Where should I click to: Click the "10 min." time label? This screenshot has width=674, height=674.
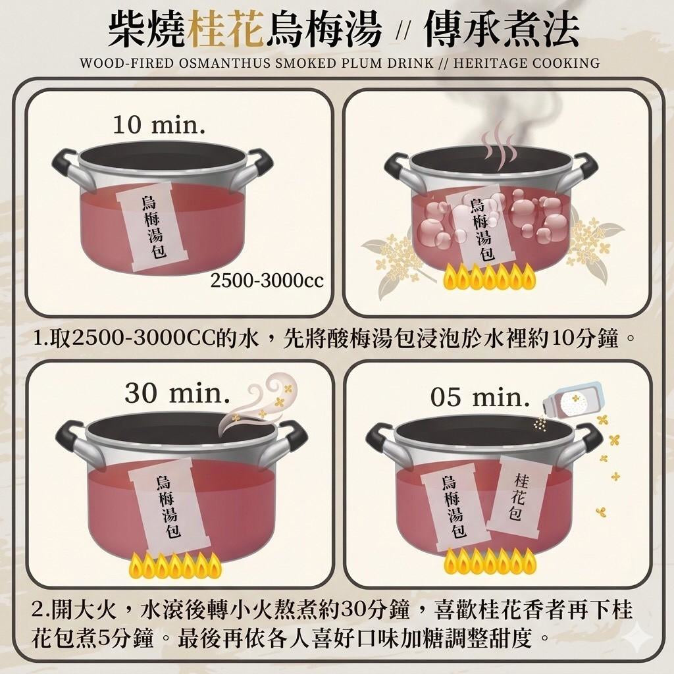pyautogui.click(x=159, y=124)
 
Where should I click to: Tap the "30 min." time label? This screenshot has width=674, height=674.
pyautogui.click(x=177, y=392)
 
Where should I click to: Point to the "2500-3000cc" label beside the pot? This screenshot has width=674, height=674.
pyautogui.click(x=267, y=280)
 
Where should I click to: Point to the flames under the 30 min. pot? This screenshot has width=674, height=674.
pyautogui.click(x=175, y=565)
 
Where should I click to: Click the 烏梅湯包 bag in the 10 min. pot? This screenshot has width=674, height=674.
pyautogui.click(x=153, y=226)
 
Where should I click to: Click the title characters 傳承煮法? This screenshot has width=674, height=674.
pyautogui.click(x=501, y=29)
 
